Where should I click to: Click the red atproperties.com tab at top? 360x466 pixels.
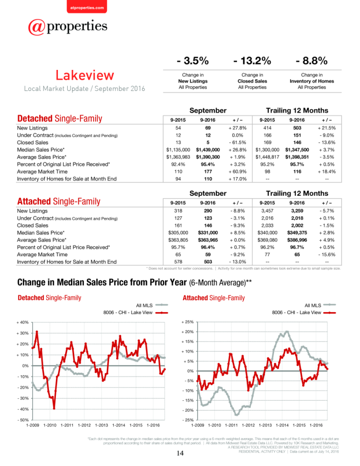click(87, 7)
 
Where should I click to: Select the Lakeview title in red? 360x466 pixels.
click(85, 75)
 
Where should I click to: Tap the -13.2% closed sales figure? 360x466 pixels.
click(252, 61)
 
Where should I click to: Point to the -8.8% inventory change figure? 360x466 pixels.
click(312, 61)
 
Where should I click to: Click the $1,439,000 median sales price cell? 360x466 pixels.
click(208, 150)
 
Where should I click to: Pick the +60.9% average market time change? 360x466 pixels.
click(237, 171)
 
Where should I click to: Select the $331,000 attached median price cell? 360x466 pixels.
click(208, 233)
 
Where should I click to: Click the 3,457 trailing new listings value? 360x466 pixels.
click(267, 211)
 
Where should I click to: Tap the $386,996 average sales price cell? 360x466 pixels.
click(297, 240)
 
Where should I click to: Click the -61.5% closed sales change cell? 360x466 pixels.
click(237, 142)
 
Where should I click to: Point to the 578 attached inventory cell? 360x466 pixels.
click(178, 262)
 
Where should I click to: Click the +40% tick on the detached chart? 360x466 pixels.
click(22, 322)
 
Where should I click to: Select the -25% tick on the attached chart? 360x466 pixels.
click(188, 420)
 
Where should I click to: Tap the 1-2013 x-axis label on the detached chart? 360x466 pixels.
click(102, 425)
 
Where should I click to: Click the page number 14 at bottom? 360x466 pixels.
click(180, 453)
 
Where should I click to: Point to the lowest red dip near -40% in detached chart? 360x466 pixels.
click(54, 409)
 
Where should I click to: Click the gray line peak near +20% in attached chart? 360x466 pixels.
click(287, 331)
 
